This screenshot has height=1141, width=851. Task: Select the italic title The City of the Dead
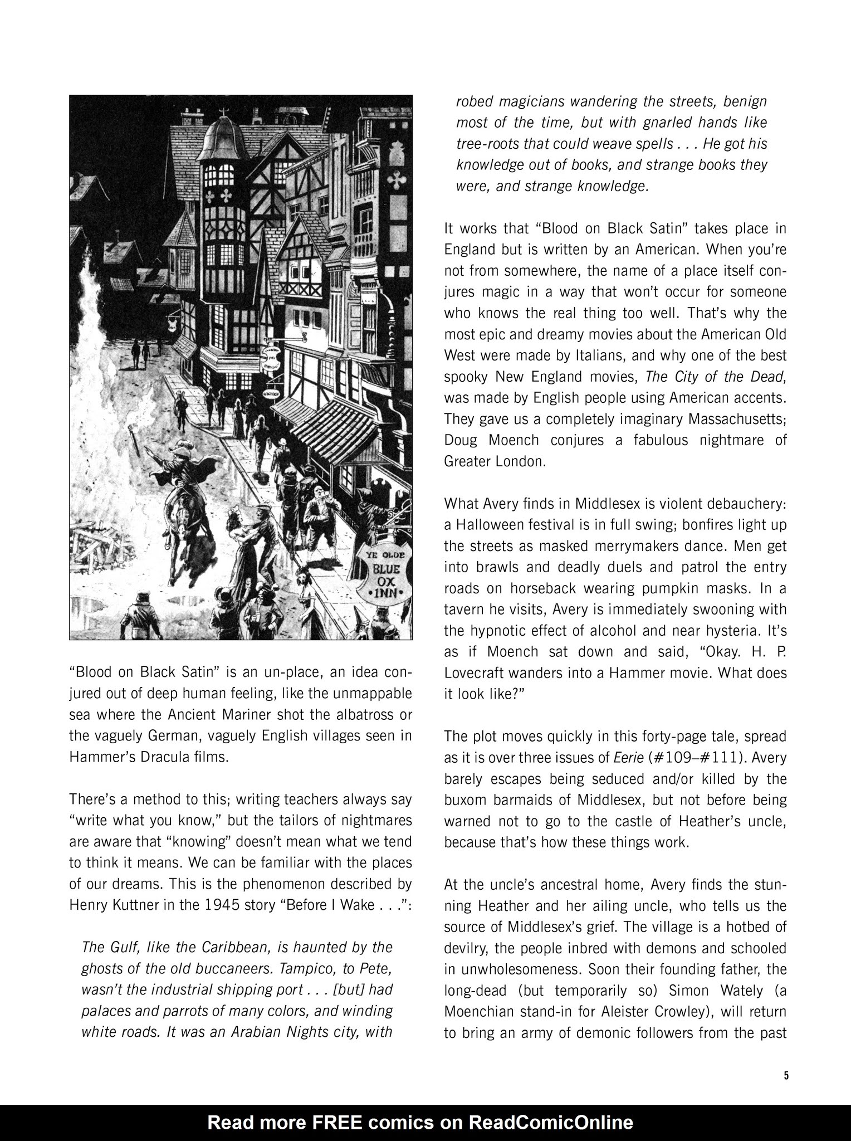pyautogui.click(x=715, y=377)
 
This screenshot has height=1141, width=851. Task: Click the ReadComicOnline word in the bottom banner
pyautogui.click(x=552, y=1122)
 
